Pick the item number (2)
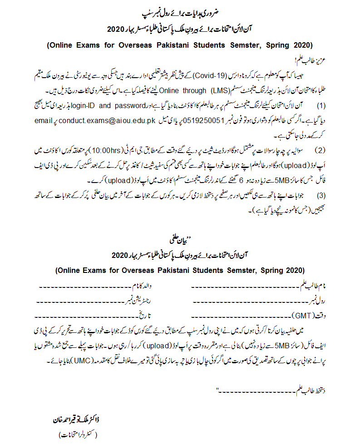click(321, 149)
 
